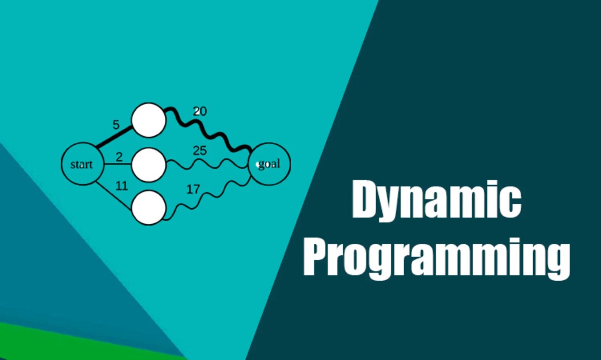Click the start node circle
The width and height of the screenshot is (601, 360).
point(82,164)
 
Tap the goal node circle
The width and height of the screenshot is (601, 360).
point(269,164)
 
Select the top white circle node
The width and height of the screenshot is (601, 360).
point(149,120)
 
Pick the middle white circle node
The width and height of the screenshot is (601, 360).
point(149,164)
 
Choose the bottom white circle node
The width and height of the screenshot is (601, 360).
point(149,208)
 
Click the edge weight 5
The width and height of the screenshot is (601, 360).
point(116,125)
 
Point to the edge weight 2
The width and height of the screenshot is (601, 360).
point(119,157)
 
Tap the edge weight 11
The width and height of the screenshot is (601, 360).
point(121,186)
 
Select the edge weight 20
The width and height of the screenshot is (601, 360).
point(200,111)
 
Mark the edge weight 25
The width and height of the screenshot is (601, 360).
point(200,151)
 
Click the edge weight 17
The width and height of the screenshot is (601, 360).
point(193,189)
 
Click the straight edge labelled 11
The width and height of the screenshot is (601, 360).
point(114,196)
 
